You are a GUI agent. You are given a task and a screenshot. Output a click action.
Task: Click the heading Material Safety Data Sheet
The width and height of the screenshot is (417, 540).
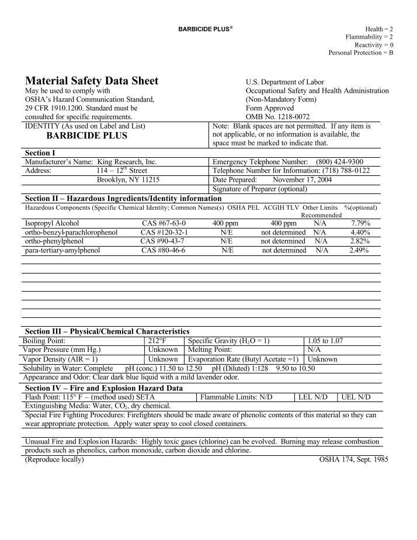pos(91,81)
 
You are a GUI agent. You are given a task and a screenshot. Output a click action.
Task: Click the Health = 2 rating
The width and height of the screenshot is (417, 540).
pos(379,29)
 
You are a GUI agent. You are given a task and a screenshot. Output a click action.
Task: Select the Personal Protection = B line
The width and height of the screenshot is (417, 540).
pos(360,53)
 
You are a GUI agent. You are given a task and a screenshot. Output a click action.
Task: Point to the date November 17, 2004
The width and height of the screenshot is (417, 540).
pos(302,180)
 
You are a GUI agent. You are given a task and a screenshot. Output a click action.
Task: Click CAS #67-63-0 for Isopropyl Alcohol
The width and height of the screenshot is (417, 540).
pos(164,223)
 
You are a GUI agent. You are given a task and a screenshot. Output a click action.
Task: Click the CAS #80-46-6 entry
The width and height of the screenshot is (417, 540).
pos(163,250)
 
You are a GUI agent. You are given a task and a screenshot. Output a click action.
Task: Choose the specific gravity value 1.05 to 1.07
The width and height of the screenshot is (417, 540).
pos(325,341)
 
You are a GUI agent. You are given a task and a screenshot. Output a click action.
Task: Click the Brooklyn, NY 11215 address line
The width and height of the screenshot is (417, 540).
pos(128,180)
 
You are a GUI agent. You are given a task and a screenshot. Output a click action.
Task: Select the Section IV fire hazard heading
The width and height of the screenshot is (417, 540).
pos(104,388)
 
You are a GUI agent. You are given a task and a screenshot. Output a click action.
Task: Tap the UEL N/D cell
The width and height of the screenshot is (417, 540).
pos(356,397)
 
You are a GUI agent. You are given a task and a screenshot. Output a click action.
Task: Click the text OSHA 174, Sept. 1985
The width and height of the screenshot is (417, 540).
pos(353,459)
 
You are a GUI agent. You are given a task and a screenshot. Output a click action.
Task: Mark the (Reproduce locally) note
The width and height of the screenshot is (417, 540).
pos(54,459)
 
